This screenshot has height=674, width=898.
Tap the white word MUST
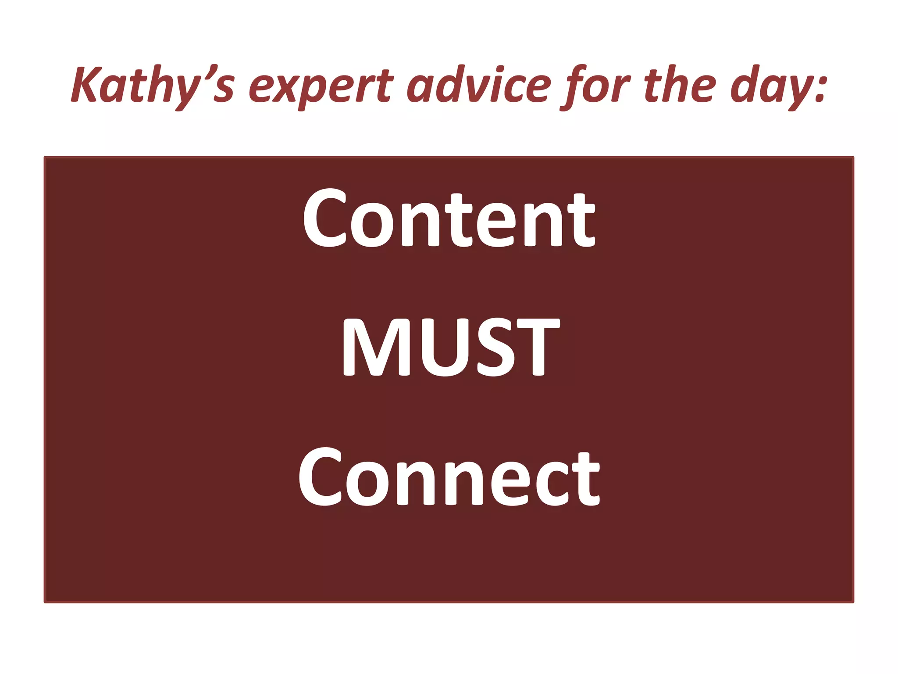tap(450, 347)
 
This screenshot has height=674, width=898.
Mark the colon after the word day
tap(819, 88)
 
